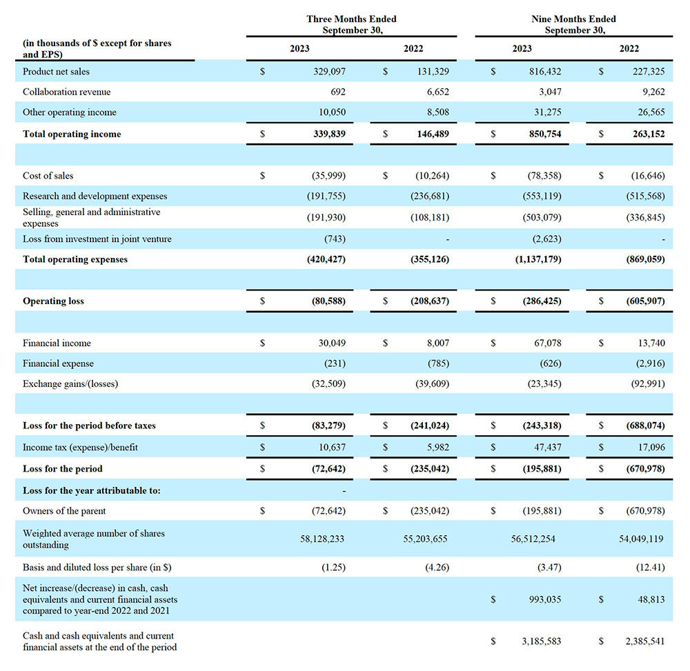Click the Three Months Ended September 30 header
point(351,24)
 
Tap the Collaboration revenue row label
point(66,92)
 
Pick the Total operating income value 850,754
point(544,134)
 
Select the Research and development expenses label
point(95,196)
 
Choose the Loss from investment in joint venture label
point(97,239)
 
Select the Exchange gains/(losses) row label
point(70,383)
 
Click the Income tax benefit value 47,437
point(547,447)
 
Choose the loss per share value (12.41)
point(649,568)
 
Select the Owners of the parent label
point(64,511)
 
